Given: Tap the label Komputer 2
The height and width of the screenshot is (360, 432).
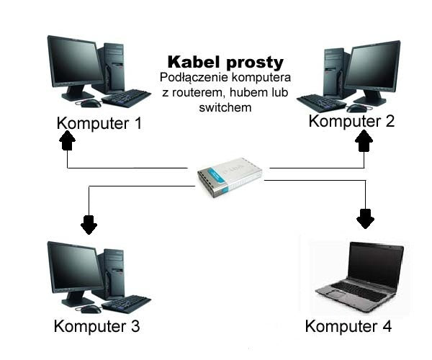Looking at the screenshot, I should (x=351, y=121).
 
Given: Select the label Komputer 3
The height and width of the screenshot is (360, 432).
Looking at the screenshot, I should (x=96, y=326).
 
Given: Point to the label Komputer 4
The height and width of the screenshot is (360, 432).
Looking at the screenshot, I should (x=348, y=326).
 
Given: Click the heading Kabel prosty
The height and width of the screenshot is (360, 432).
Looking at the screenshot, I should (x=225, y=61).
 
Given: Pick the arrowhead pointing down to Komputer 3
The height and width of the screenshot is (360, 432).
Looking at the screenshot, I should (x=89, y=225).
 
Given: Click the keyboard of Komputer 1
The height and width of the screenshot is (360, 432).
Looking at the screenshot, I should (x=126, y=97).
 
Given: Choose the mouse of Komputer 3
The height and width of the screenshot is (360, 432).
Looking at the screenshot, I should (x=90, y=309).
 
